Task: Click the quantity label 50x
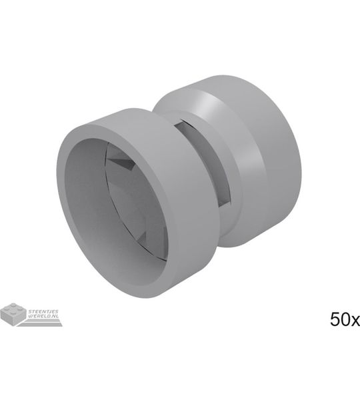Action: pos(345,319)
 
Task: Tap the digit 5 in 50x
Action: pos(335,319)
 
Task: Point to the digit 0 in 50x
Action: pos(345,319)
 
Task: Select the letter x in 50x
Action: pos(355,321)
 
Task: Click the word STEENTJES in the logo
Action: pos(43,311)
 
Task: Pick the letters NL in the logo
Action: pos(55,316)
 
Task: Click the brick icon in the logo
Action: pos(13,314)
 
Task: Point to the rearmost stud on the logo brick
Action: pos(13,305)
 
